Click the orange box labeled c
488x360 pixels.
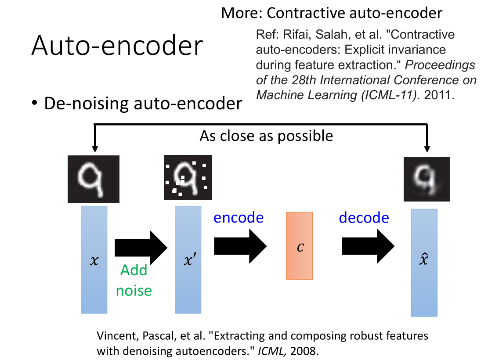pos(299,245)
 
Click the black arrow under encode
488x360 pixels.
pos(240,246)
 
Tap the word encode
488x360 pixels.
pos(239,217)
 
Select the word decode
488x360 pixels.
pos(364,217)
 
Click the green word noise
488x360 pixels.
pos(134,290)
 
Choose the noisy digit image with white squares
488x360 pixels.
pos(188,179)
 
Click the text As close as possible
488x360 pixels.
pos(266,136)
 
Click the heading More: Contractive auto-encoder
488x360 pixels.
pos(331,13)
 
